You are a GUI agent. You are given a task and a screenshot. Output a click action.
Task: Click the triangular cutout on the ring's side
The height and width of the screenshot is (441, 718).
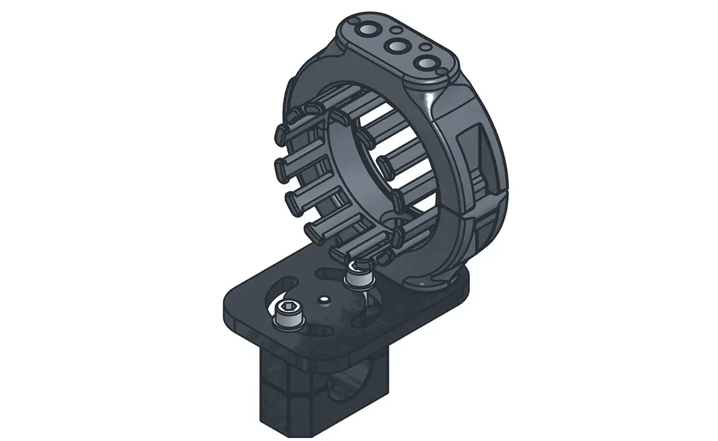(x=485, y=151)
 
